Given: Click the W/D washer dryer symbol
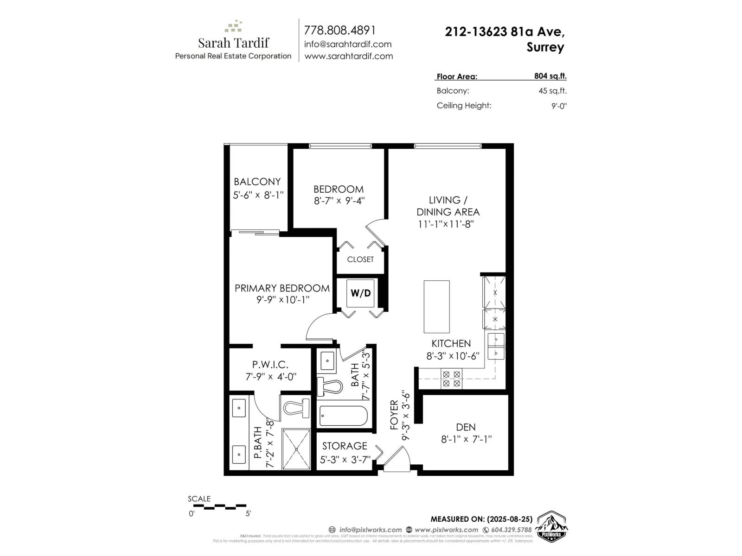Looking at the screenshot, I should (361, 293).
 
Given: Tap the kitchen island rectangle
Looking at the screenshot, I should (436, 306).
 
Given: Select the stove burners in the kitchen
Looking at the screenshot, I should (451, 379).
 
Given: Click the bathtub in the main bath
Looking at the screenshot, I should (343, 416).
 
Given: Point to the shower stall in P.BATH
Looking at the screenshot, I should (296, 449).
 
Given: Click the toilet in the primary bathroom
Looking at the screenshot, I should (296, 407).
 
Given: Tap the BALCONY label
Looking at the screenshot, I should (257, 182).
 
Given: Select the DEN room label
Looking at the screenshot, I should (466, 427).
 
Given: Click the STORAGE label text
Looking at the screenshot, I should (345, 446).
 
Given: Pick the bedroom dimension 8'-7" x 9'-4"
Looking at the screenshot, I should (339, 201).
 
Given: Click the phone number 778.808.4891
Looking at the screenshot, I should (339, 30).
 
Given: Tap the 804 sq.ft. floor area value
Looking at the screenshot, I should (550, 76).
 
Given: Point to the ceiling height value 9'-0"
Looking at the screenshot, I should (559, 106).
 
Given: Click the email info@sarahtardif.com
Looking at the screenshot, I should (348, 44).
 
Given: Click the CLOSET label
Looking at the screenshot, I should (360, 259).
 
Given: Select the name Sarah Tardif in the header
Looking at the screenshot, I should (233, 43).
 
